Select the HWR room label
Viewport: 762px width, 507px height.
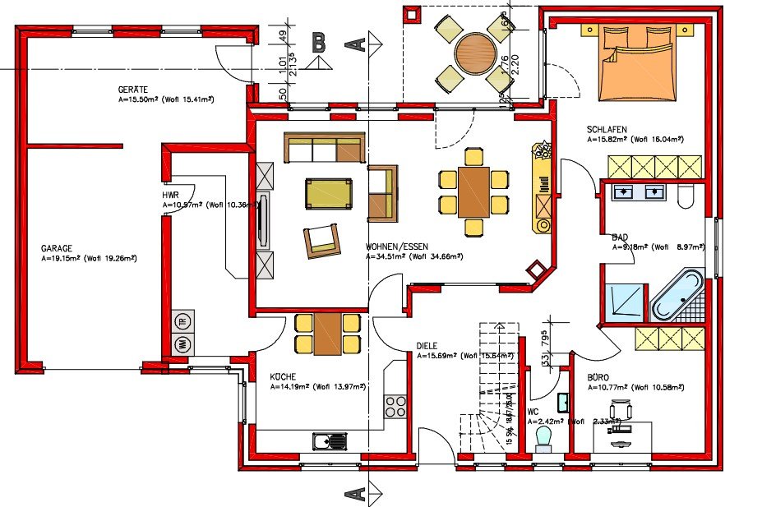coord(171,195)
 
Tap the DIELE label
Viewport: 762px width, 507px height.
coord(427,346)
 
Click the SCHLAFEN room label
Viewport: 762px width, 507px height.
coord(607,130)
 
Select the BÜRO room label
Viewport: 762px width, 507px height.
coord(598,377)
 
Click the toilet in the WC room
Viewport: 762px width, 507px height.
coord(543,436)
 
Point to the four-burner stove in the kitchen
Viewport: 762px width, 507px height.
coord(395,406)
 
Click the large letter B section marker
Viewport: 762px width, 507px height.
coord(320,43)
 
